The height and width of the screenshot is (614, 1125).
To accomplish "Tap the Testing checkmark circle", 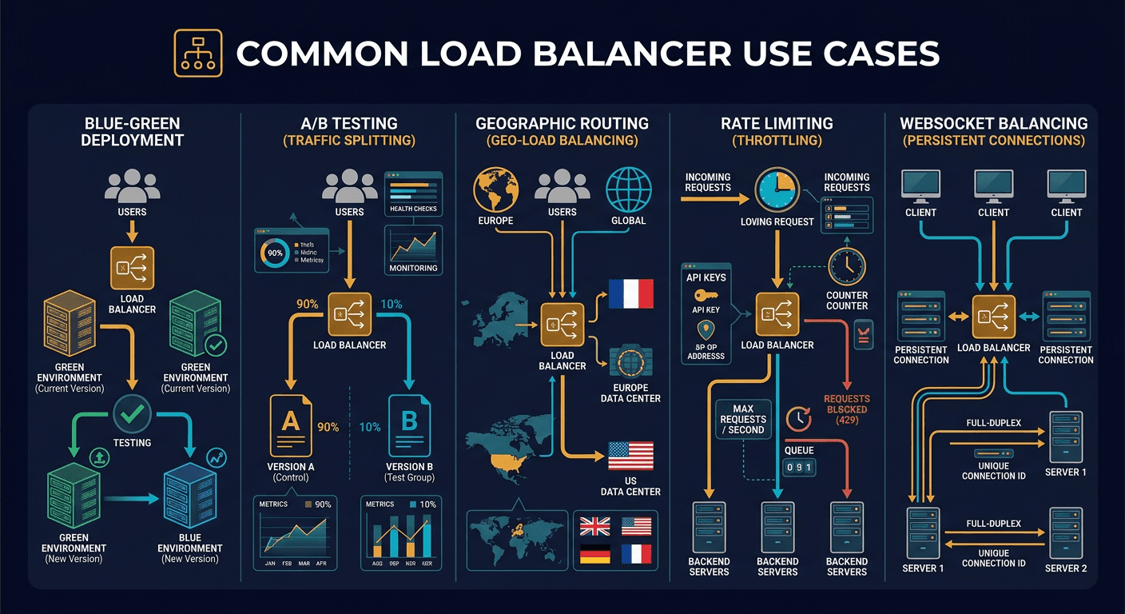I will click(132, 413).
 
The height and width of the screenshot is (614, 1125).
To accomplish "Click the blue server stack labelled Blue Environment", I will click(189, 496).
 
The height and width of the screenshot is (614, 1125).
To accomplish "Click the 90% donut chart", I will click(275, 252).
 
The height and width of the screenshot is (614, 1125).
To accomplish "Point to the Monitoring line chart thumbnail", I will click(413, 243).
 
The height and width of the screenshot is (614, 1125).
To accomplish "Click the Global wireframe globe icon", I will click(629, 189).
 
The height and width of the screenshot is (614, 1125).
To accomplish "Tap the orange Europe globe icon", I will click(496, 189).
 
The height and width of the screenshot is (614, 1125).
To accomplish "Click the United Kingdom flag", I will click(594, 526).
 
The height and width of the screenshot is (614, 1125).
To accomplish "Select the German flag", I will click(594, 554).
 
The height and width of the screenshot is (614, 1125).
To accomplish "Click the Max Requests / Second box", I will click(742, 419).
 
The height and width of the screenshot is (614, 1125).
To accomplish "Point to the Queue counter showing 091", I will click(798, 468).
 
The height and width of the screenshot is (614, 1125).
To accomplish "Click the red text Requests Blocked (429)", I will click(846, 409).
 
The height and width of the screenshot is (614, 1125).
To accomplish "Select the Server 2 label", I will click(1066, 568).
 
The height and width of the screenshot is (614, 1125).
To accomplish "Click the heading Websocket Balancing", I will click(993, 123).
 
